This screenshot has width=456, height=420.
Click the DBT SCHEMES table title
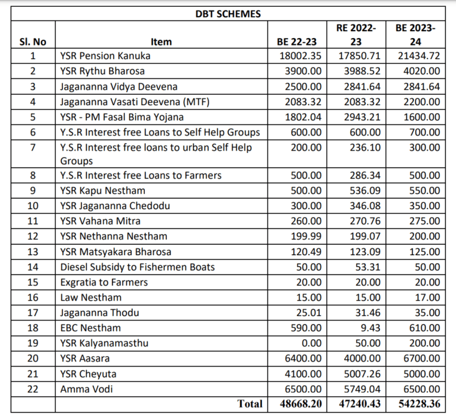tap(228, 14)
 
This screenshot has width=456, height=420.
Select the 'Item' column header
tap(161, 42)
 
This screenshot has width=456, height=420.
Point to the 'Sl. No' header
tap(32, 42)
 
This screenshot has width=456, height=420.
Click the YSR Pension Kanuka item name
tap(105, 56)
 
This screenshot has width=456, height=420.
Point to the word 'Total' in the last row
tap(249, 404)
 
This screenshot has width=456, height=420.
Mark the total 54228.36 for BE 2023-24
tap(416, 404)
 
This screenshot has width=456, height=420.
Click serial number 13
tap(32, 252)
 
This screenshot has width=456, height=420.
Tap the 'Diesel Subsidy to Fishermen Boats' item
tap(137, 267)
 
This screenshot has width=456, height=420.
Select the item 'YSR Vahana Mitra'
tap(100, 221)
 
